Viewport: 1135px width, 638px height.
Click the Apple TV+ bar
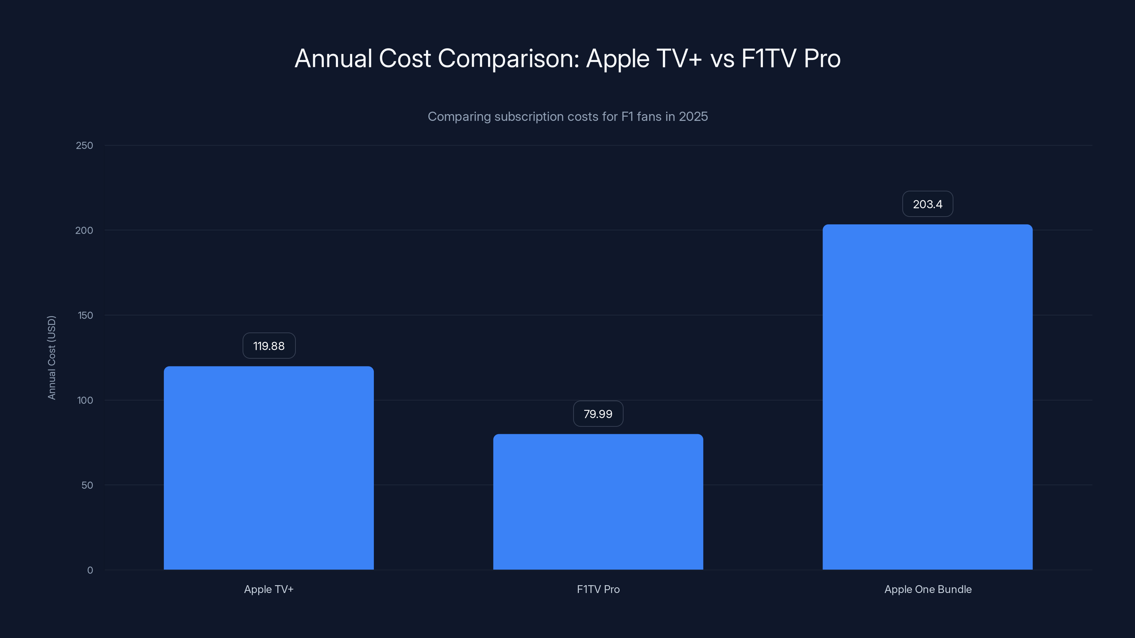coord(269,468)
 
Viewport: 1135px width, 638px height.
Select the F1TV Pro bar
coord(598,502)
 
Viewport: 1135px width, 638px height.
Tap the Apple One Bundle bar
coord(928,397)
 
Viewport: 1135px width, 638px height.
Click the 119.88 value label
coord(269,346)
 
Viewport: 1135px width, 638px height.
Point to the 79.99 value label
coord(598,414)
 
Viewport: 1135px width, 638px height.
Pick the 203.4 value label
coord(928,204)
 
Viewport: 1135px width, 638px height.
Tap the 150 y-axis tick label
coord(85,315)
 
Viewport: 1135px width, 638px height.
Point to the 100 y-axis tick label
coord(85,400)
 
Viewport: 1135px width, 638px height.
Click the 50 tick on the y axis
coord(87,485)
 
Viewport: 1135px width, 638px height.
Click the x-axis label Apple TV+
coord(269,589)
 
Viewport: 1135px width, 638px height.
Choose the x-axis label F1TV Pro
coord(598,589)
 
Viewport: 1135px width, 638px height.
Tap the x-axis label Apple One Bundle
coord(928,589)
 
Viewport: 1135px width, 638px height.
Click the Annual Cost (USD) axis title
coord(51,358)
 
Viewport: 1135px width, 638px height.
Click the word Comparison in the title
coord(508,58)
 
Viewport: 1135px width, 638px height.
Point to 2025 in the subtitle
coord(693,116)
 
